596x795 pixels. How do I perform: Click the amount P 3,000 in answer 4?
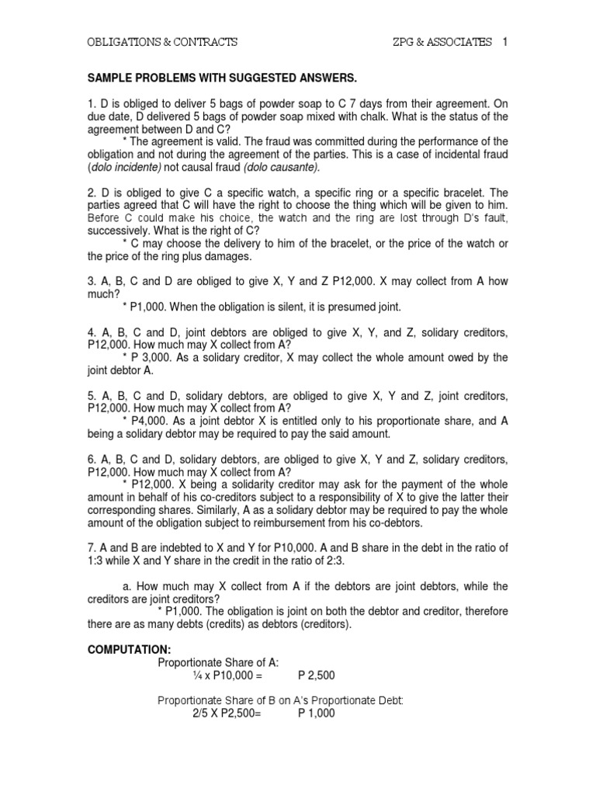pyautogui.click(x=146, y=357)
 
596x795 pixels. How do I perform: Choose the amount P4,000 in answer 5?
pyautogui.click(x=145, y=421)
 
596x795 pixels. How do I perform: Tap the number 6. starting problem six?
pyautogui.click(x=92, y=459)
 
